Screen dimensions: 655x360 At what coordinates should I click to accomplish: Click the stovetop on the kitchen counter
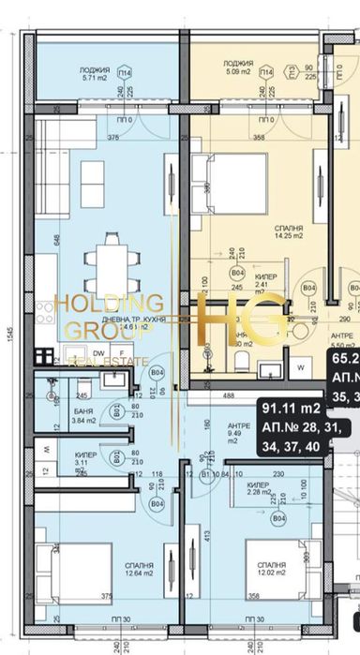click(45, 354)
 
